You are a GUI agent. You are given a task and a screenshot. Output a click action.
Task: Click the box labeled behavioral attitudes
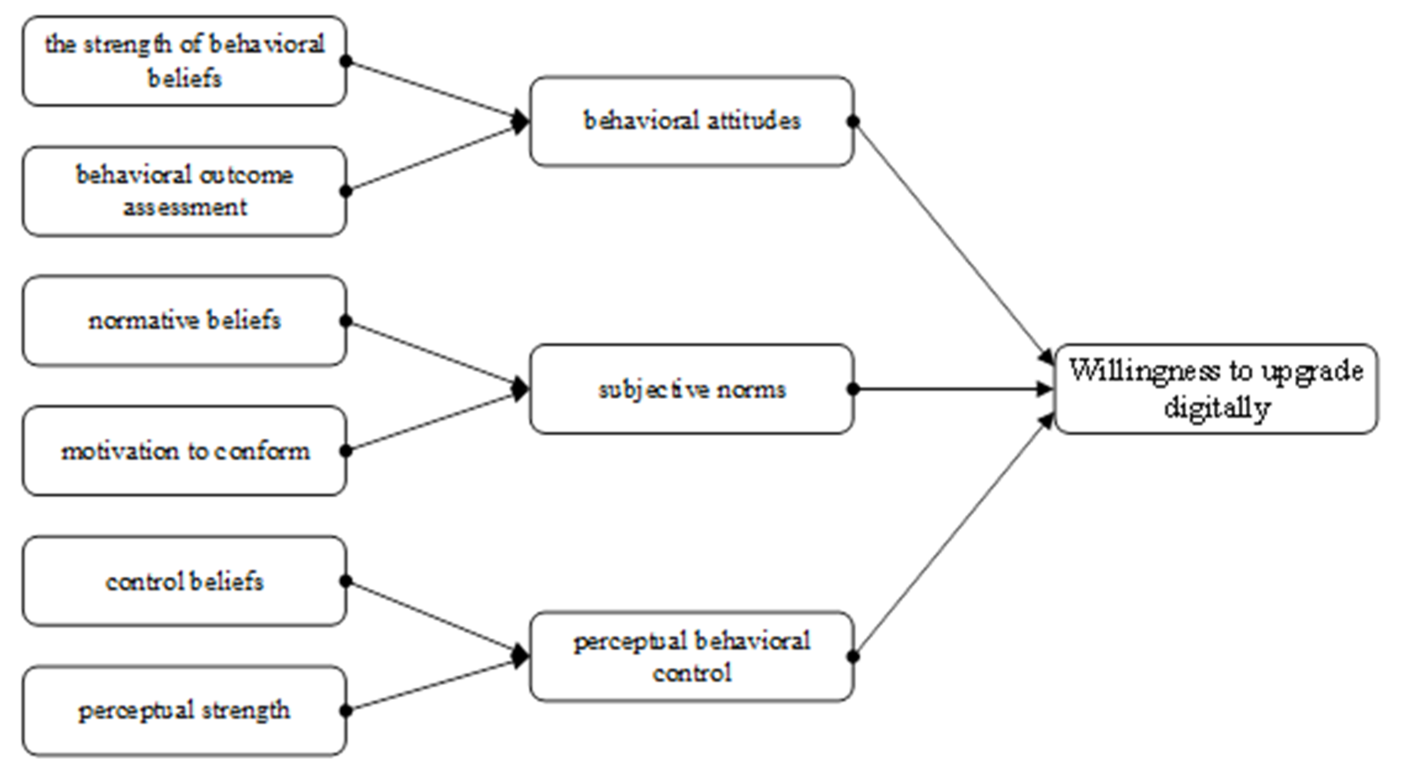point(691,121)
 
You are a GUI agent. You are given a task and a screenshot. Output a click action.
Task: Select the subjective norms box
point(691,389)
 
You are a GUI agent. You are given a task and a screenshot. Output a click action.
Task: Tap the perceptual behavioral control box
point(691,657)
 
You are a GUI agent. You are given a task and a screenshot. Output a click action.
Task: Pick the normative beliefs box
point(184,320)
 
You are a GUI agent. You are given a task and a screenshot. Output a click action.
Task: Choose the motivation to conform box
point(184,451)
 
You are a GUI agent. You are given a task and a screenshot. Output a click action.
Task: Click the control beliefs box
point(184,581)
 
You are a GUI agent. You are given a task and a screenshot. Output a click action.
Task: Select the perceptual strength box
point(184,711)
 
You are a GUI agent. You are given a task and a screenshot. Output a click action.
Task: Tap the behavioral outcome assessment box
point(184,191)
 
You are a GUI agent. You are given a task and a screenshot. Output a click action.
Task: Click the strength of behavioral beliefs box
point(184,61)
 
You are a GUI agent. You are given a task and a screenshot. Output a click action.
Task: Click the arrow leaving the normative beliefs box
point(431,354)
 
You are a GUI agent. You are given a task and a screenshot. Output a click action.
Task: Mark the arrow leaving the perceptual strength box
point(431,686)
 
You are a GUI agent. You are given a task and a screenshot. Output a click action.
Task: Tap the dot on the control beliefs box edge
point(346,581)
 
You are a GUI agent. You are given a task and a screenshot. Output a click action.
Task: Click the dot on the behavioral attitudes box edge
point(854,121)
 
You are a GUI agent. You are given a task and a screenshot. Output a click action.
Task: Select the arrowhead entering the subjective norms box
point(520,389)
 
